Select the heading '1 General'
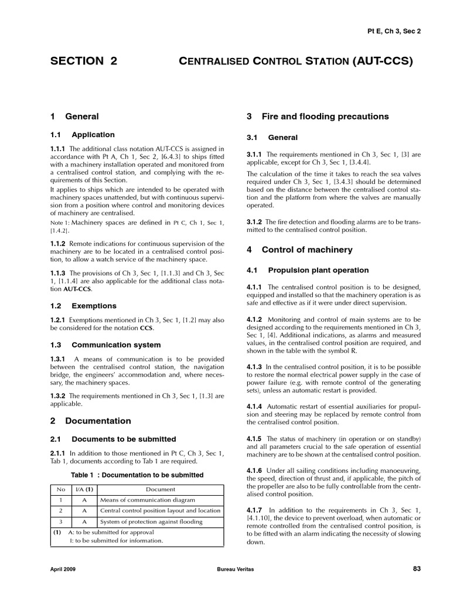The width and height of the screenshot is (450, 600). (x=74, y=117)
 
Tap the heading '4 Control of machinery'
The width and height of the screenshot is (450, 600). (x=299, y=250)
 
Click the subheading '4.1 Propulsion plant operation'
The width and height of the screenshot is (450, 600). (x=308, y=270)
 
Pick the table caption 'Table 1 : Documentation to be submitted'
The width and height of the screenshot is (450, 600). (x=137, y=475)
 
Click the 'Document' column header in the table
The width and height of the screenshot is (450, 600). (x=161, y=489)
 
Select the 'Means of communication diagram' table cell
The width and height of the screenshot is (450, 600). (x=148, y=500)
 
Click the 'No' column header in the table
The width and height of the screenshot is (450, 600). (x=60, y=489)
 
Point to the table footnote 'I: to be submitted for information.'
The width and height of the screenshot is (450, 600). (x=116, y=541)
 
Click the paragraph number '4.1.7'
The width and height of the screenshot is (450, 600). (x=255, y=510)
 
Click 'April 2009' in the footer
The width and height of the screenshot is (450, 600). (x=63, y=569)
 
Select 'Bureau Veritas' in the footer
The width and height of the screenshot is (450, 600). (x=234, y=569)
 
